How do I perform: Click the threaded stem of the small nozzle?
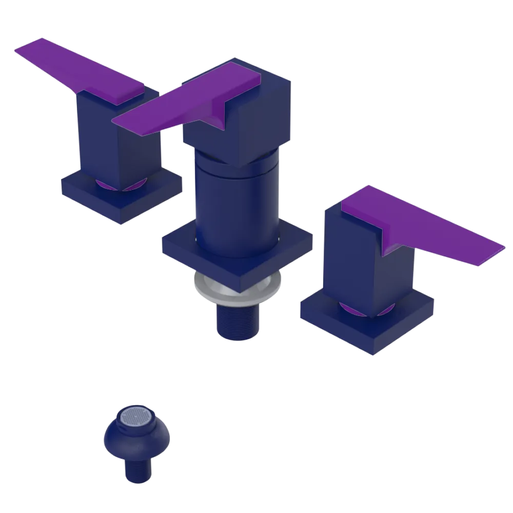[136, 469]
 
